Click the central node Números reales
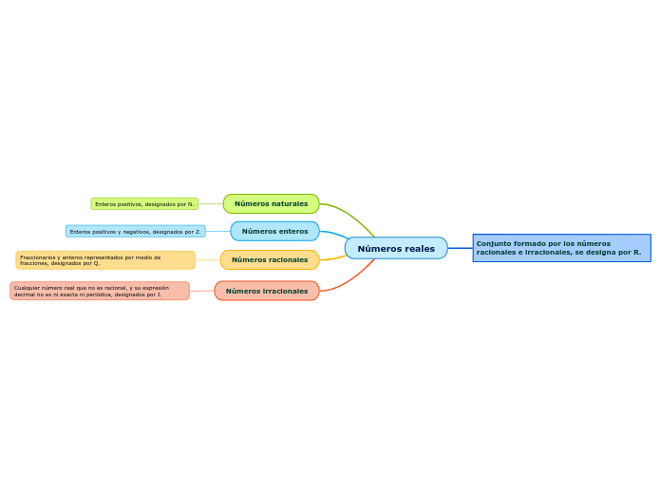click(396, 248)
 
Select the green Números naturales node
click(271, 203)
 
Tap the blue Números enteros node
click(274, 231)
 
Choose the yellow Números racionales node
click(270, 259)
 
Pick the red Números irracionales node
click(266, 291)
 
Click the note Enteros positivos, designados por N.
click(144, 204)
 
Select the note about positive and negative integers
click(135, 231)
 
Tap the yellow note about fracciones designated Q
click(105, 259)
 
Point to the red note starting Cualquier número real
click(100, 291)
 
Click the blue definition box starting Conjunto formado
click(561, 248)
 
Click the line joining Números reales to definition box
click(460, 248)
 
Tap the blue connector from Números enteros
click(334, 234)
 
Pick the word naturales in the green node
click(289, 203)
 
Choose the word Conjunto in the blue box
click(493, 243)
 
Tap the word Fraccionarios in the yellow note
click(39, 256)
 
